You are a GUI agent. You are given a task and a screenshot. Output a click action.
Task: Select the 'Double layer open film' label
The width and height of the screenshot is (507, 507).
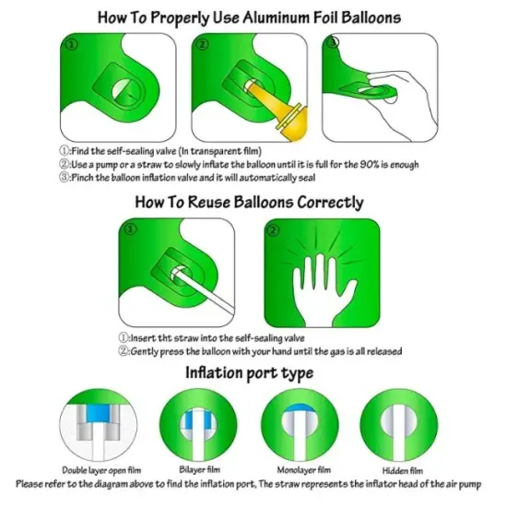pyautogui.click(x=101, y=470)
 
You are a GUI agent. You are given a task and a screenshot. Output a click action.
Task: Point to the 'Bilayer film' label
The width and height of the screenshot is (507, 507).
pyautogui.click(x=199, y=469)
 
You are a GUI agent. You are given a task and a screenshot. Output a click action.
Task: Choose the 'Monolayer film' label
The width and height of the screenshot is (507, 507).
pyautogui.click(x=304, y=470)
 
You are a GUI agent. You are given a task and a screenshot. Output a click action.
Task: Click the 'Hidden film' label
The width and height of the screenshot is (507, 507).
pyautogui.click(x=403, y=470)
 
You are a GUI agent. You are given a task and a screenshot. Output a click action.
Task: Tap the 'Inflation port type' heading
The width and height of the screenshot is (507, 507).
pyautogui.click(x=249, y=372)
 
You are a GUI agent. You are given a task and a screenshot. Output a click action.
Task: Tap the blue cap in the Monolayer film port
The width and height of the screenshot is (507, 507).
pyautogui.click(x=300, y=408)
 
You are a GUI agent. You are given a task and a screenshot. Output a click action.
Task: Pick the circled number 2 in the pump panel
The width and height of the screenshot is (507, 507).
pyautogui.click(x=203, y=44)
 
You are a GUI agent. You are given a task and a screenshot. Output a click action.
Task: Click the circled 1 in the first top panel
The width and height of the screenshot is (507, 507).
pyautogui.click(x=72, y=44)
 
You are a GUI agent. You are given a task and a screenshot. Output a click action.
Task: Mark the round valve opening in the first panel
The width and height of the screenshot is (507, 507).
pyautogui.click(x=126, y=91)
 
